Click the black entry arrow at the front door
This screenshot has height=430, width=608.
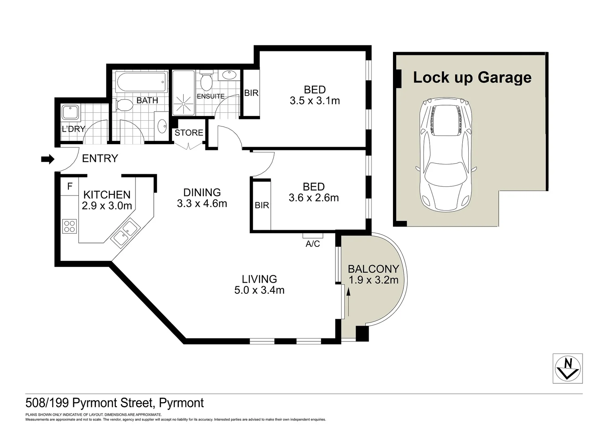coord(47,159)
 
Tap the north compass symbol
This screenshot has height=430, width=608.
coord(568,368)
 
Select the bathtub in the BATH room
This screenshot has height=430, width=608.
coord(141,82)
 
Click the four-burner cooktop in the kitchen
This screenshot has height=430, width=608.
coord(69,227)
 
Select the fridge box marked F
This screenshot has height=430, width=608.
coord(70,186)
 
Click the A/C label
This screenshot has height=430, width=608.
coord(313,244)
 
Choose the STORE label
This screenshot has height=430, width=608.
coord(189,133)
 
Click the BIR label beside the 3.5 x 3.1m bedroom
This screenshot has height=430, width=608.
coord(251,93)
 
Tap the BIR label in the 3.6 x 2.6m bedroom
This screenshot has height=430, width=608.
coord(262,205)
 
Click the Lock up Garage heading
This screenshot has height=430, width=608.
coord(472,77)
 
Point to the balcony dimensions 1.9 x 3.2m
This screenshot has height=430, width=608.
coord(373,280)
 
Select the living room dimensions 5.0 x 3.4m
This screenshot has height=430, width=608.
coord(259,290)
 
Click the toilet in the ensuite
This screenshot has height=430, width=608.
coord(206,81)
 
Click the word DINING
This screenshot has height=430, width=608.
coord(202,192)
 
